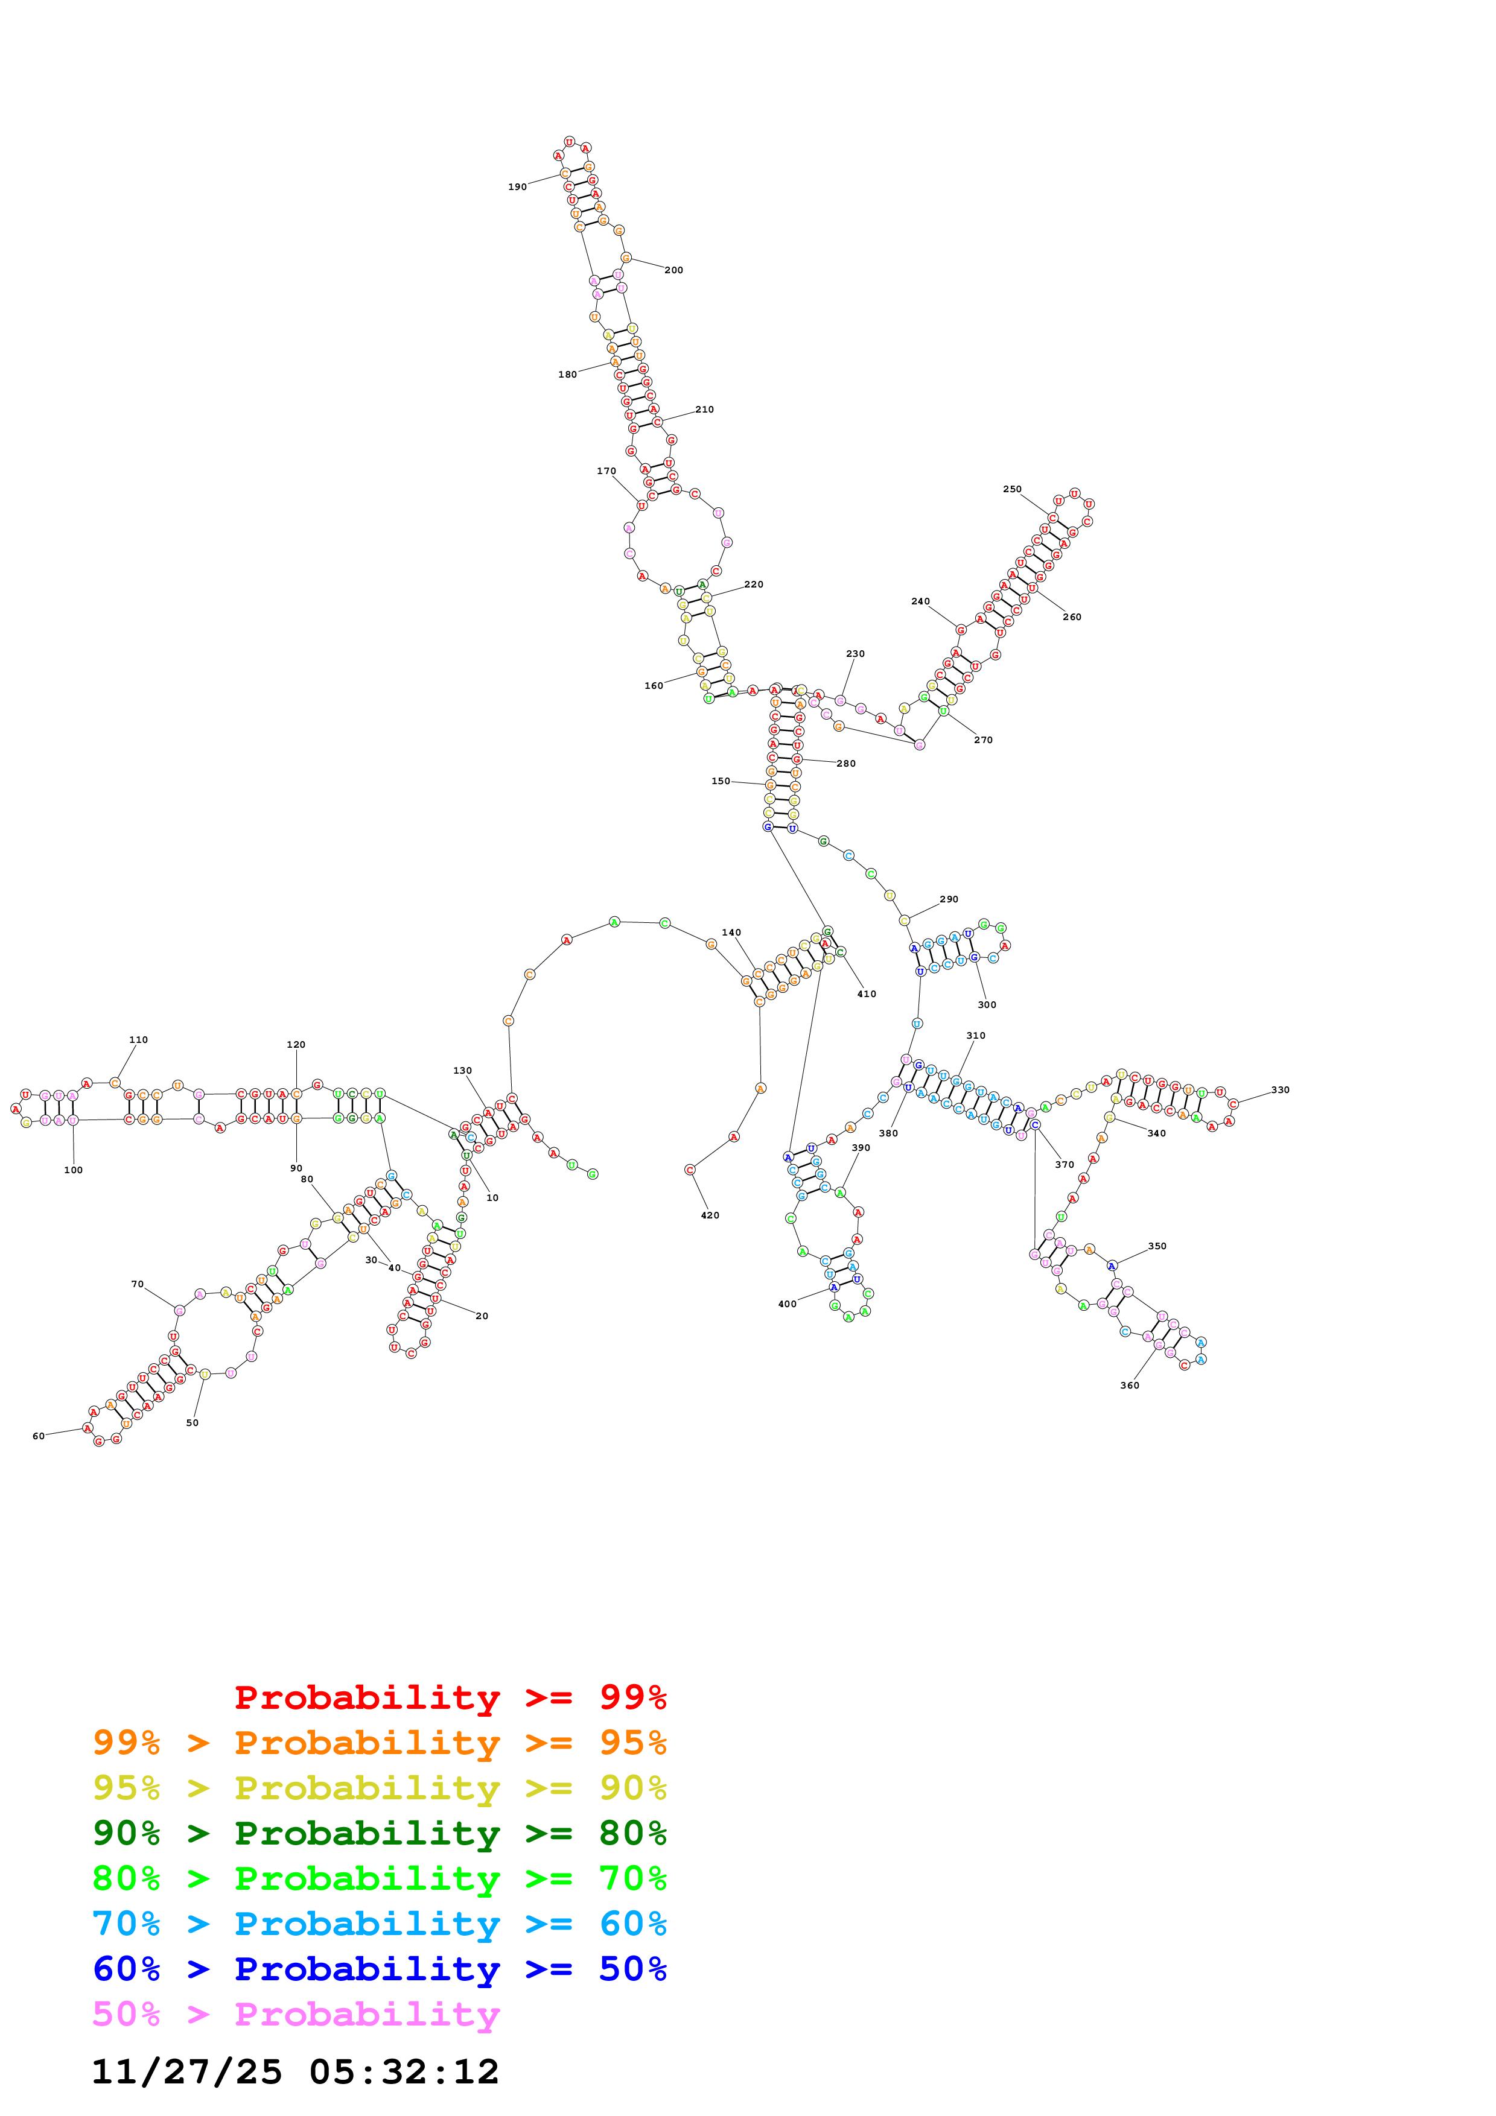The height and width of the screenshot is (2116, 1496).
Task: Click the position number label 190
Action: click(x=517, y=187)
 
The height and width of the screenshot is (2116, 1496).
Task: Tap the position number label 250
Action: click(x=1011, y=489)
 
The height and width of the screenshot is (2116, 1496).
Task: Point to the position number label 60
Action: click(x=39, y=1436)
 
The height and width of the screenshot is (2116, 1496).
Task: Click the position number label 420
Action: click(x=710, y=1215)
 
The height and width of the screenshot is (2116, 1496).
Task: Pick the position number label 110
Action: click(x=138, y=1039)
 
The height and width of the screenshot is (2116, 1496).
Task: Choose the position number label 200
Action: click(x=674, y=270)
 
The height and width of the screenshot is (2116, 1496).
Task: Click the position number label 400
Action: click(x=787, y=1304)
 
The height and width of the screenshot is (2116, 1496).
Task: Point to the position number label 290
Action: click(x=949, y=899)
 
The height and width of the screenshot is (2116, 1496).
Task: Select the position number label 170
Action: click(x=606, y=471)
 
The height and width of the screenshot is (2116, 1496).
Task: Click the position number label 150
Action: click(x=720, y=782)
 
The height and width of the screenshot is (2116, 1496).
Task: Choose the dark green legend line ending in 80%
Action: click(x=379, y=1833)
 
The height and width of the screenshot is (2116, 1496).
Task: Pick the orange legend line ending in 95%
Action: click(x=379, y=1743)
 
